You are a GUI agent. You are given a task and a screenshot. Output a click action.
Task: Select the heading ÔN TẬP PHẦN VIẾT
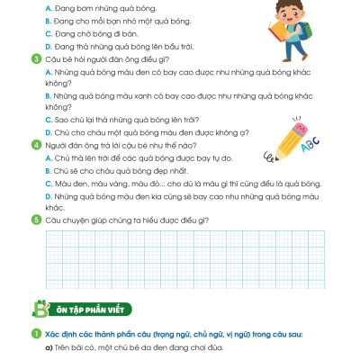pos(94,309)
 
